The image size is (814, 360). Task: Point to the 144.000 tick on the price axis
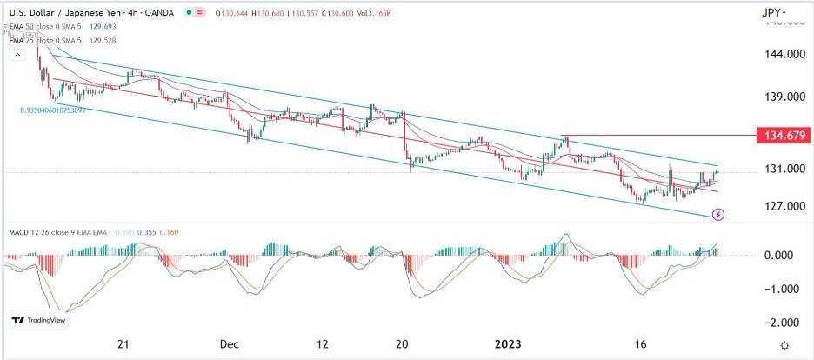pyautogui.click(x=783, y=54)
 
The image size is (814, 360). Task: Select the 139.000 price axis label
pyautogui.click(x=783, y=97)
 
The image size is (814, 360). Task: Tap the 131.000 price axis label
pyautogui.click(x=783, y=170)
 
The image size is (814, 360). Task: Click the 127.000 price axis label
pyautogui.click(x=783, y=206)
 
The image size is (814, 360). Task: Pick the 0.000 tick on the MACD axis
pyautogui.click(x=784, y=255)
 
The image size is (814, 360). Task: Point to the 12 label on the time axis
pyautogui.click(x=323, y=344)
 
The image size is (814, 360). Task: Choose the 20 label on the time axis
pyautogui.click(x=403, y=344)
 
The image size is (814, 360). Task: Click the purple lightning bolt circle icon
pyautogui.click(x=719, y=214)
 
